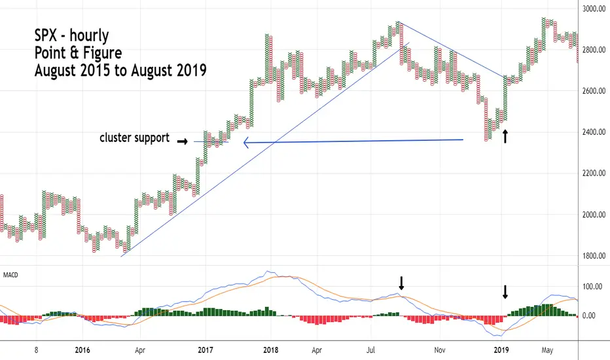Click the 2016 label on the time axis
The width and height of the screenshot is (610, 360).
(82, 350)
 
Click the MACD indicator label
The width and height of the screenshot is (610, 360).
(10, 274)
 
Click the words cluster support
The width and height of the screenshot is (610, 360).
(134, 138)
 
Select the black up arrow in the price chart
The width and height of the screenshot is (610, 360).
(505, 136)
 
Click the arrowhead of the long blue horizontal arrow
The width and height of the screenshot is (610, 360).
(246, 143)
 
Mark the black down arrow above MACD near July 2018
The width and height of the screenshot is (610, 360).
(402, 283)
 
